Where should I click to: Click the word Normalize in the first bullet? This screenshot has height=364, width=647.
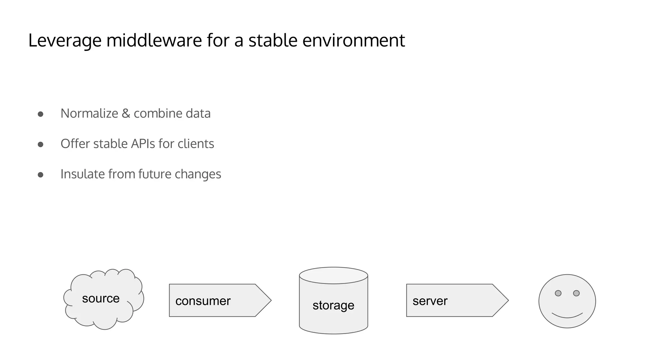pos(89,113)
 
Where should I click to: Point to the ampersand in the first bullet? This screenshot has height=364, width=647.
pos(126,113)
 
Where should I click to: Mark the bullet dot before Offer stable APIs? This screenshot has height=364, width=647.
pos(40,144)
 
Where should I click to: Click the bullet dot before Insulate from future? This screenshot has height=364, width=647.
pos(40,175)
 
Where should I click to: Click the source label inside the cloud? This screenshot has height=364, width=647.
pos(101,298)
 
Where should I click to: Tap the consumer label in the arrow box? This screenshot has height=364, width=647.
pos(203,301)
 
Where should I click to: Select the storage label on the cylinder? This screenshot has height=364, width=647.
pos(333,305)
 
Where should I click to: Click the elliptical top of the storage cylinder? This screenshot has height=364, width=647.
pos(333,276)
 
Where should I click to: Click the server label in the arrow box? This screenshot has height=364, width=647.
pos(430,301)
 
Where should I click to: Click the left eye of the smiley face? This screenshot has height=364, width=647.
pos(558,293)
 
